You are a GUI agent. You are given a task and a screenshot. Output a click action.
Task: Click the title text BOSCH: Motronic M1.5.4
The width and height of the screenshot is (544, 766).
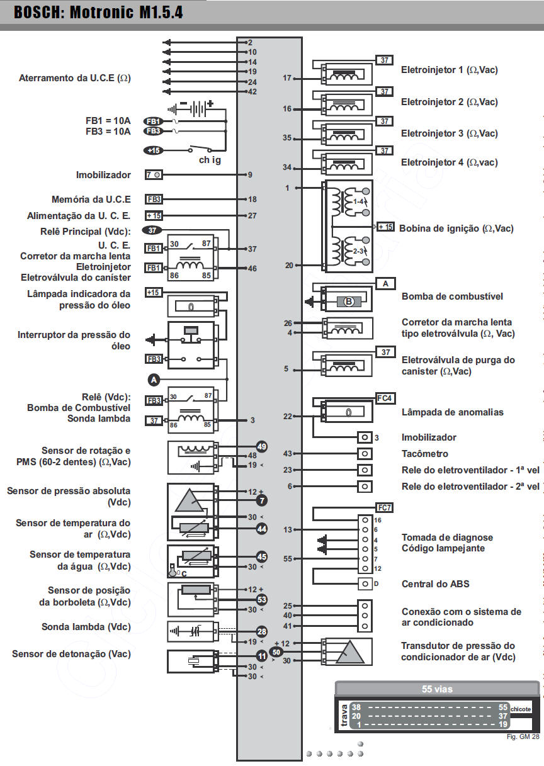coord(99,13)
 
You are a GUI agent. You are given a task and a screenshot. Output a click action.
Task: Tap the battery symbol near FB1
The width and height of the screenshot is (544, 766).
coord(196,108)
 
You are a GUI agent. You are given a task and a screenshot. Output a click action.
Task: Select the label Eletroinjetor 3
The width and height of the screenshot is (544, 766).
coord(449,133)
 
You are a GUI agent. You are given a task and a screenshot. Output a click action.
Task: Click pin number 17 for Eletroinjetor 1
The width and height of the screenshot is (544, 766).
coord(287,79)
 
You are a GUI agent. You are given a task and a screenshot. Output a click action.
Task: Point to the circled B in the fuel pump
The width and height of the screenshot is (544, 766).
coord(349,301)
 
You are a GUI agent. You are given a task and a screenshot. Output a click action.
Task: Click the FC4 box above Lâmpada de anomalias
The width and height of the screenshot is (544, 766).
coord(385,398)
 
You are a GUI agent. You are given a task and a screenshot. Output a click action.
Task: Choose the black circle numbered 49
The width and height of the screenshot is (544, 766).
coord(262,447)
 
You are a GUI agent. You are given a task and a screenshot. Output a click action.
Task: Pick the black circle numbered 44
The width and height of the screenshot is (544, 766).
coord(262,529)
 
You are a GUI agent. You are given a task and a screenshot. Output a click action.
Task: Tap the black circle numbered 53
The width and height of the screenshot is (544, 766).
coord(262,600)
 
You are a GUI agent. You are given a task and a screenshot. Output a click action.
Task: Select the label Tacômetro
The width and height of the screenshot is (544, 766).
coord(425,454)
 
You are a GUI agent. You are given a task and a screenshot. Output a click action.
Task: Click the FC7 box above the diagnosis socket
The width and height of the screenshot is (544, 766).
coord(385,507)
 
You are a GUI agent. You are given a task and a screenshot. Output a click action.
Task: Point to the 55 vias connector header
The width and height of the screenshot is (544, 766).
coord(437,689)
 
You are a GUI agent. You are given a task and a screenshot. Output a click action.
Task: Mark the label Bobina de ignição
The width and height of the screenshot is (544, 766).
coord(456,228)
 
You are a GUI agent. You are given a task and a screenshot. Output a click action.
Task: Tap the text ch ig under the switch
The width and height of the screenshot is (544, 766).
coord(210,161)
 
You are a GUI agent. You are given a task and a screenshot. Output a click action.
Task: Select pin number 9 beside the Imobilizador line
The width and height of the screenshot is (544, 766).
coord(250,175)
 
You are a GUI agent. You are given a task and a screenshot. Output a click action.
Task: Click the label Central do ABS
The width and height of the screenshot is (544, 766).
coord(435,584)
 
